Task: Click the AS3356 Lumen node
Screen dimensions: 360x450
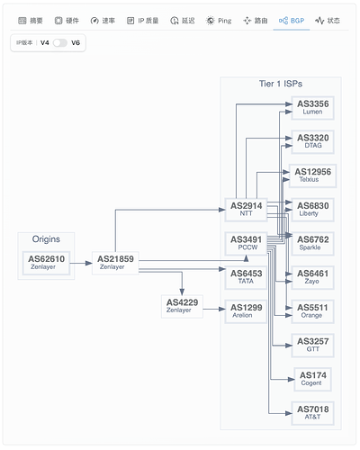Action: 312,108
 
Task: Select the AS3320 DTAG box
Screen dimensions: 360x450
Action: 312,142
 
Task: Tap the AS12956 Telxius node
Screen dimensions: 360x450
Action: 312,175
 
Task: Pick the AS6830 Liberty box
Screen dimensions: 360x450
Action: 312,210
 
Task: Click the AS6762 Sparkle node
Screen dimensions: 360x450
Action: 312,244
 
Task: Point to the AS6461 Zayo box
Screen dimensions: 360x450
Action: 312,277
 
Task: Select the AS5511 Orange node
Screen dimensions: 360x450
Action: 312,311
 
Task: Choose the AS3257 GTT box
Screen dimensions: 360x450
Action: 312,346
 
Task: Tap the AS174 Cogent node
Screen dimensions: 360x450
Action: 312,379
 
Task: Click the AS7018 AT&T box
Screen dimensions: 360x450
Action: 312,413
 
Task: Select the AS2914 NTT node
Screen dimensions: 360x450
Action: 246,210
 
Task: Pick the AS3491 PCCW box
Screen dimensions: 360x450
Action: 246,244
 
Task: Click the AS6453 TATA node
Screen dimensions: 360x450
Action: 246,277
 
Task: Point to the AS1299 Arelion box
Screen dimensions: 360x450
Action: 246,311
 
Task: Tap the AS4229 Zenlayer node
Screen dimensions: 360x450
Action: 182,306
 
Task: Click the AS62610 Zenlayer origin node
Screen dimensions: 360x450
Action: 46,263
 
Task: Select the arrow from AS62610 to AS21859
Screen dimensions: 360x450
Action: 81,263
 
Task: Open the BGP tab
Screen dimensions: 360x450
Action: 292,21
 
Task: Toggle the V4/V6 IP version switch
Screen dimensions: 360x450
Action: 60,42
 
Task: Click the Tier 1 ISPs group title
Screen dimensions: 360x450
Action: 281,84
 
